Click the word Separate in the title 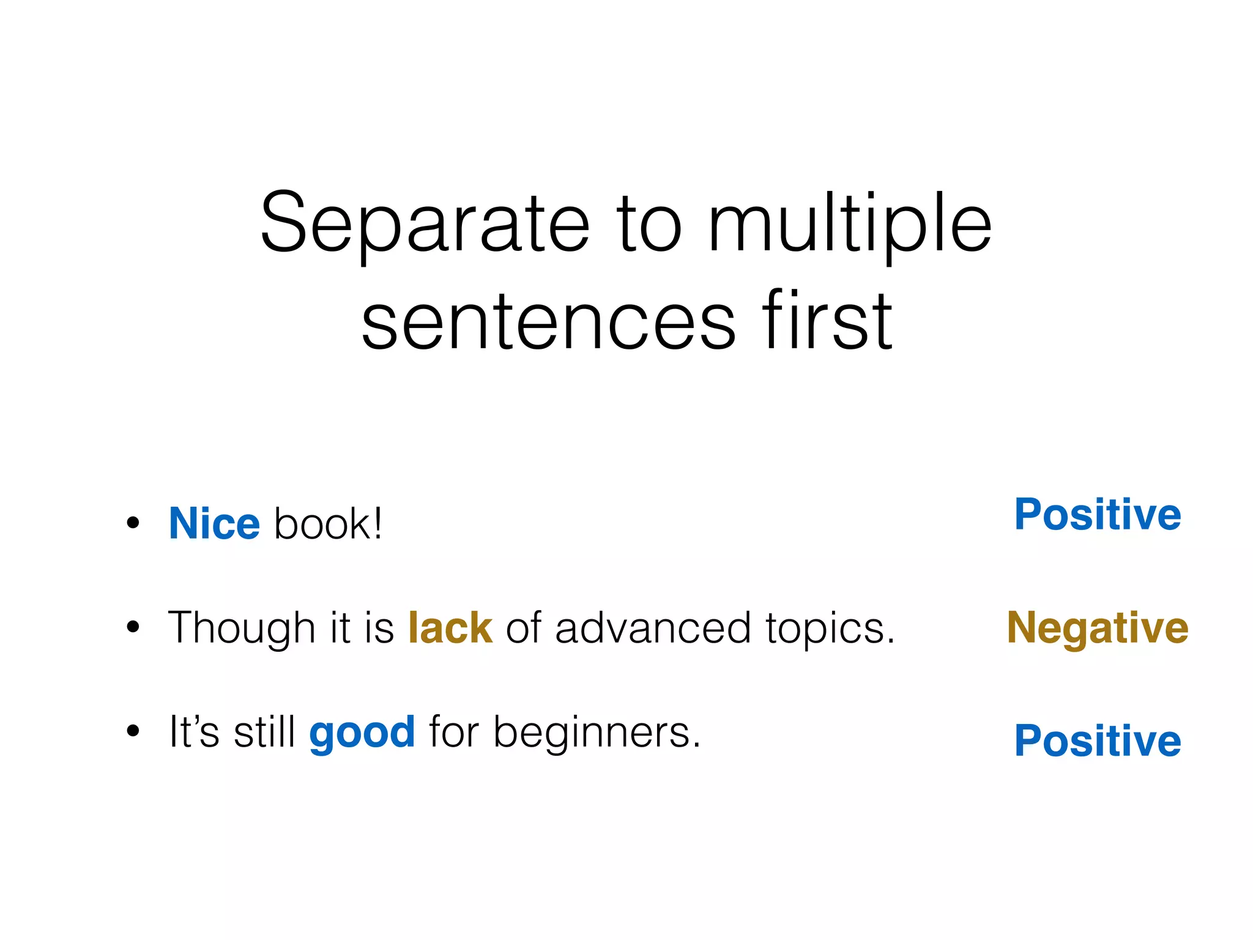click(425, 223)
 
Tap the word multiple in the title click(849, 223)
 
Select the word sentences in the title click(548, 323)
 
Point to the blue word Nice click(214, 524)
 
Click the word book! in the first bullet click(329, 524)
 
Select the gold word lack click(450, 628)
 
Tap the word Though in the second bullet click(242, 629)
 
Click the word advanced click(652, 628)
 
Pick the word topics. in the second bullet click(830, 629)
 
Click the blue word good click(362, 733)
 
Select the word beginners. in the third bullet click(597, 733)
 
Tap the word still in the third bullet click(264, 732)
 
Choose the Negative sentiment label click(1098, 628)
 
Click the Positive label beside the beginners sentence click(1098, 740)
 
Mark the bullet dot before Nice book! click(133, 523)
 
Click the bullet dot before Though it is click(133, 627)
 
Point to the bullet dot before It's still click(133, 731)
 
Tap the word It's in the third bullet click(193, 732)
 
